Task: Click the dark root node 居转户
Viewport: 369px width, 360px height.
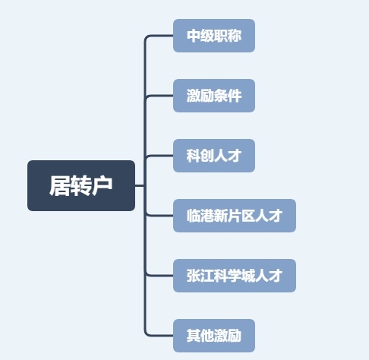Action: pos(81,185)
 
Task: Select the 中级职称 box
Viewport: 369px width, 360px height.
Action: pos(214,36)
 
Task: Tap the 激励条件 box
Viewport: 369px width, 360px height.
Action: pos(214,96)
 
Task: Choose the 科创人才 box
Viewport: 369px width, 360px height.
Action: pos(214,156)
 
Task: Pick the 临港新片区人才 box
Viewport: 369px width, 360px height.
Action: pos(235,216)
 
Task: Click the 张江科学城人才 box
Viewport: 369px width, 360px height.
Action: pos(235,276)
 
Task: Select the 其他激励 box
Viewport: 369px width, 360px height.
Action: pos(214,336)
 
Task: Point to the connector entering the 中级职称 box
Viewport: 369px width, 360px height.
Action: pos(159,36)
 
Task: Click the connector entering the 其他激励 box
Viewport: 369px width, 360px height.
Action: pos(159,336)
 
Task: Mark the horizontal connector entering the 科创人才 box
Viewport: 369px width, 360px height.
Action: pos(159,156)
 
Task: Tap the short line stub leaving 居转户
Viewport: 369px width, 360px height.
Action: pos(140,185)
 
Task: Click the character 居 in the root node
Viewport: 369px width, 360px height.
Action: pos(60,186)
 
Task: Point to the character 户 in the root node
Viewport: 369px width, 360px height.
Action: pos(102,186)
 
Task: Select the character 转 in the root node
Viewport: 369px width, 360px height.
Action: pos(80,186)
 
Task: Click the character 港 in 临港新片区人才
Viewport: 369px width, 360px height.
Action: pos(207,216)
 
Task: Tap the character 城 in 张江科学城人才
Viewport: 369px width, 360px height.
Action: pos(248,276)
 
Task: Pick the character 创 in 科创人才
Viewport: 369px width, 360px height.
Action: pos(207,156)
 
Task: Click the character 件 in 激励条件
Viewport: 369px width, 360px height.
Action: pos(235,96)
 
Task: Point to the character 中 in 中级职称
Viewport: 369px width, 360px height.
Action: pos(194,36)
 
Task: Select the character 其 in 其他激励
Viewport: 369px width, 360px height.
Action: pos(194,336)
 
